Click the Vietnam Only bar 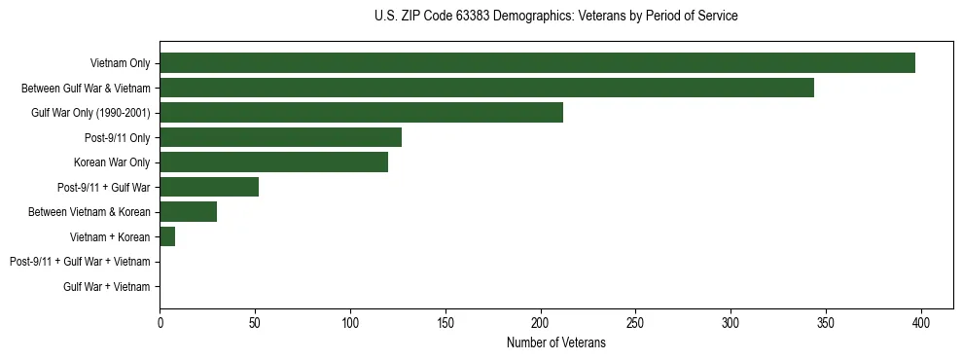pyautogui.click(x=537, y=63)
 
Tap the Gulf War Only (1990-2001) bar pyautogui.click(x=361, y=113)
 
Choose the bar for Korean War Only pyautogui.click(x=273, y=162)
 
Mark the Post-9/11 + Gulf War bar pyautogui.click(x=209, y=187)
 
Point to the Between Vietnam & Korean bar pyautogui.click(x=188, y=212)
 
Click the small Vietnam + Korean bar pyautogui.click(x=167, y=236)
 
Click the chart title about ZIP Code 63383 pyautogui.click(x=555, y=17)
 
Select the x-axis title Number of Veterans pyautogui.click(x=555, y=342)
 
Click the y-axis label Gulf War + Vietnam pyautogui.click(x=106, y=286)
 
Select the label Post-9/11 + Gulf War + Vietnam pyautogui.click(x=80, y=262)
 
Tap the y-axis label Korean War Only pyautogui.click(x=112, y=162)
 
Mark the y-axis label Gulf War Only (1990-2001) pyautogui.click(x=90, y=113)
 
